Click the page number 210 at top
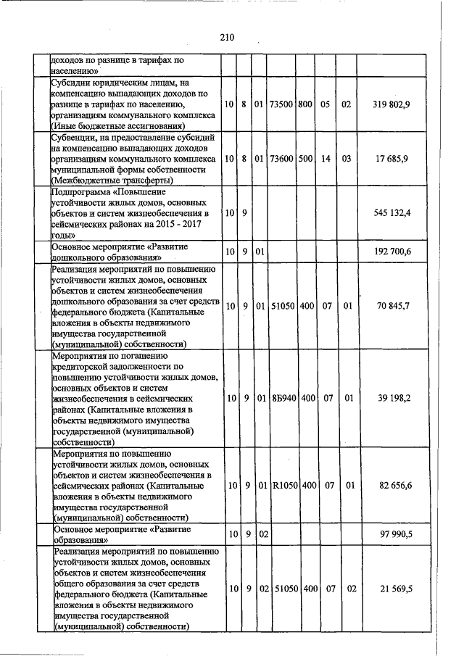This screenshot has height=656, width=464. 227,37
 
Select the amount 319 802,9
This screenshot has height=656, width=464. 391,104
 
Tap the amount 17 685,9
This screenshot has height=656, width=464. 394,158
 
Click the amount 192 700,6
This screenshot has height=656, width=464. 391,252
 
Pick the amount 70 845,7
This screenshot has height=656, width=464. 394,305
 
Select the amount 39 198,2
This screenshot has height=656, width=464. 394,399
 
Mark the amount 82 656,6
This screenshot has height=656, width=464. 394,485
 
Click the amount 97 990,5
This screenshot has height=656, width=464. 394,534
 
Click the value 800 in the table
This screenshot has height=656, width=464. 305,104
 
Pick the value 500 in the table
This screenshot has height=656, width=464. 305,158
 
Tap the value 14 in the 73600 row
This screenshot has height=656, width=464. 326,158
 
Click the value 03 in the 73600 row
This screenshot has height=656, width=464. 347,158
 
